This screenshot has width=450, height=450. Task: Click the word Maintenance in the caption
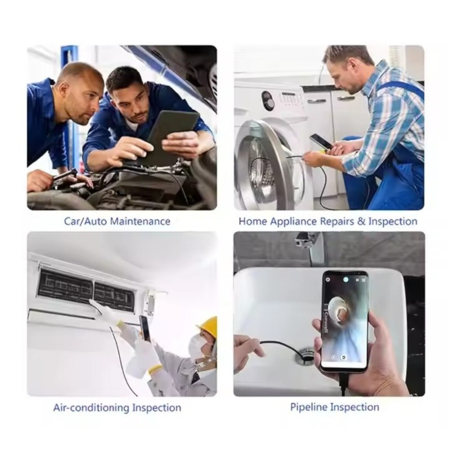coord(140,222)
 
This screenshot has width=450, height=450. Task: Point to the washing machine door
coord(268,165)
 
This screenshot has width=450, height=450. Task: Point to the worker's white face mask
coord(197,345)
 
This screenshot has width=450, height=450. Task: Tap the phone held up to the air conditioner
coord(145,328)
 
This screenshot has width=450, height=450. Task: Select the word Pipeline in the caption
coord(309,407)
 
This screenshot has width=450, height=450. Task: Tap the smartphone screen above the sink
coord(345,319)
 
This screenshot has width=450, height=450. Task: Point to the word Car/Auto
coord(85,222)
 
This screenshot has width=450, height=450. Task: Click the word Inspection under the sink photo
coord(355,407)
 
